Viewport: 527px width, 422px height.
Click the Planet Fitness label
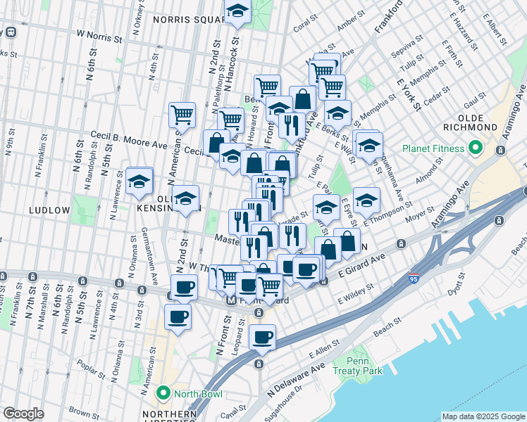tap(433, 148)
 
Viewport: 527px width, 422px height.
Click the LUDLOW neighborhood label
tap(49, 210)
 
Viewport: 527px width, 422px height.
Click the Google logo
tap(23, 414)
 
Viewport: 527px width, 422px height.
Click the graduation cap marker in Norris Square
tap(237, 11)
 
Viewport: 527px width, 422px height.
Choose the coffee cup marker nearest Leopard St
tap(262, 338)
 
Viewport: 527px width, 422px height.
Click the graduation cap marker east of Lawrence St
tap(139, 180)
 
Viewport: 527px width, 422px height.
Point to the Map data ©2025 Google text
tap(483, 416)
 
